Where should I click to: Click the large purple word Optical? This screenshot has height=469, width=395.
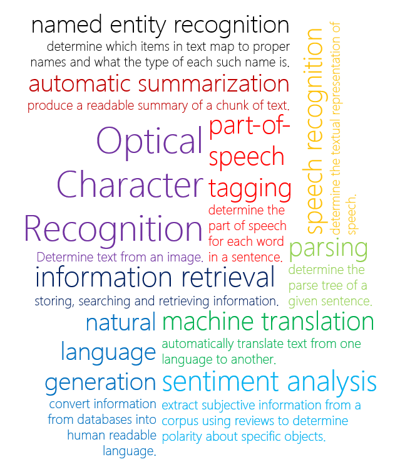click(x=150, y=142)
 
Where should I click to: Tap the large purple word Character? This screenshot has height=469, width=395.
click(x=130, y=185)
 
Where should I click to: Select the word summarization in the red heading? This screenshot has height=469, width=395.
click(x=213, y=83)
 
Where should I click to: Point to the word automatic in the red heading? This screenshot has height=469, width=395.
click(x=80, y=83)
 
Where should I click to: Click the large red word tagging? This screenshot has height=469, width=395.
click(x=250, y=187)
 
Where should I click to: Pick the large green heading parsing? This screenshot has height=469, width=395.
click(x=328, y=248)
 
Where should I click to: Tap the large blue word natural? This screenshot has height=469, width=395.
click(x=120, y=323)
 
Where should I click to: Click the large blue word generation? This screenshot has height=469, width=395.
click(x=100, y=381)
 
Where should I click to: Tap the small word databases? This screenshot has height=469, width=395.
click(x=95, y=419)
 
